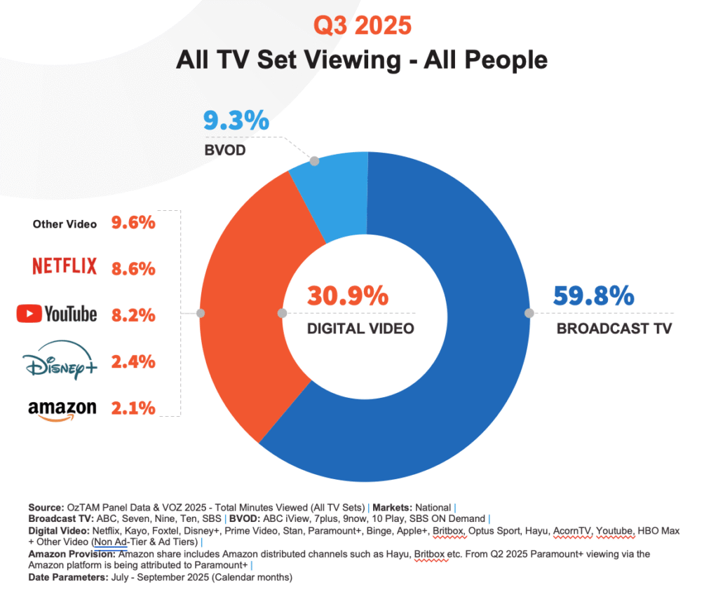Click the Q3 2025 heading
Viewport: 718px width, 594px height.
361,26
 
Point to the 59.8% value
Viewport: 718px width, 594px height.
593,296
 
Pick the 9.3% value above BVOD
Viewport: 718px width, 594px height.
236,121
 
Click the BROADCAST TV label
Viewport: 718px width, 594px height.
614,329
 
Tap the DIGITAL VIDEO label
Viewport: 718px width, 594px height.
360,329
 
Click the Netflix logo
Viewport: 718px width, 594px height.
64,267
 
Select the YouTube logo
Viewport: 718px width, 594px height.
56,315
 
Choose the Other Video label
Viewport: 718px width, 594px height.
65,224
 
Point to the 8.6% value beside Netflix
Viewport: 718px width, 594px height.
133,268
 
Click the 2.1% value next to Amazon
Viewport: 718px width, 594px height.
133,408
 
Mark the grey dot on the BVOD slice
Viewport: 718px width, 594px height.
314,161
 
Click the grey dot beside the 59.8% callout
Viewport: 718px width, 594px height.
529,313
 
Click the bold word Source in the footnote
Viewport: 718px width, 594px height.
46,507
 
